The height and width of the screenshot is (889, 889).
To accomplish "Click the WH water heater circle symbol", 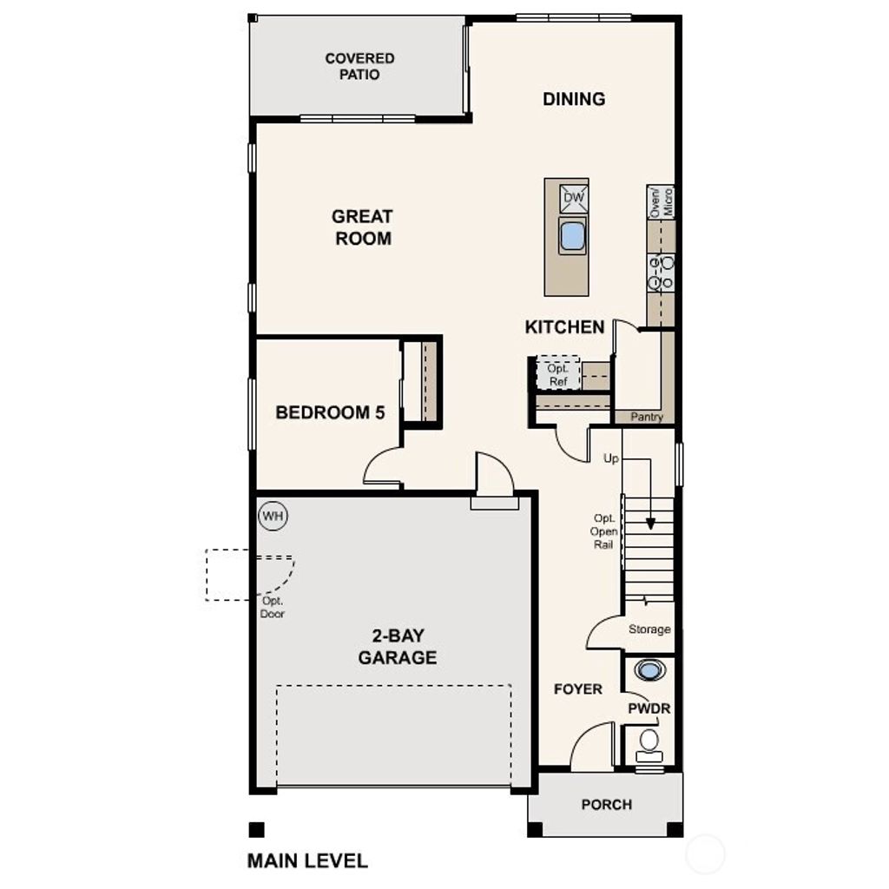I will (x=273, y=517).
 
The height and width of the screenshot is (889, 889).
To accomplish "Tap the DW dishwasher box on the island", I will (x=574, y=198).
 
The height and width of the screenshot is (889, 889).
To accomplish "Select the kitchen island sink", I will (x=572, y=236).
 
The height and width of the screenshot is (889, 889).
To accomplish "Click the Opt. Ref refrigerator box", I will (x=557, y=373).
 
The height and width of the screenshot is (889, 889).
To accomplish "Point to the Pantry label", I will (x=647, y=417).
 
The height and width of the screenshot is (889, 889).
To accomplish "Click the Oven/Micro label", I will (x=662, y=202).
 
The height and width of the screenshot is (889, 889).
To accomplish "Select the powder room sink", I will (x=650, y=670).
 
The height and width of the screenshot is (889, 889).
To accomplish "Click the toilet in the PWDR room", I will (x=649, y=741).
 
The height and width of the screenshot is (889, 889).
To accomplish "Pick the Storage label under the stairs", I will (x=649, y=629).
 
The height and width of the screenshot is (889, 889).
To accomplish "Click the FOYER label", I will (x=578, y=688).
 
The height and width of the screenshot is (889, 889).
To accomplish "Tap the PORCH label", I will (x=606, y=804).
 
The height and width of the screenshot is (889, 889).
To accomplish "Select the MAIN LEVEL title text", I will (x=307, y=860).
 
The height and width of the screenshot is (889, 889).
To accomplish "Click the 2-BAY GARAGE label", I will (x=398, y=648).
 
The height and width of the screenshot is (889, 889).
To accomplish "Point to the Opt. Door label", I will (x=273, y=608).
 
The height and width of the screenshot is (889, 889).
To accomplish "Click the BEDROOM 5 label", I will (x=330, y=412).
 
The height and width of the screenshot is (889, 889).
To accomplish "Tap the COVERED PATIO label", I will (x=359, y=66).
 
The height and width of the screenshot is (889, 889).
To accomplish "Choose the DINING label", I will (x=574, y=99).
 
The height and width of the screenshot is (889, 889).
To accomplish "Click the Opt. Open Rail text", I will (x=604, y=530).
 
